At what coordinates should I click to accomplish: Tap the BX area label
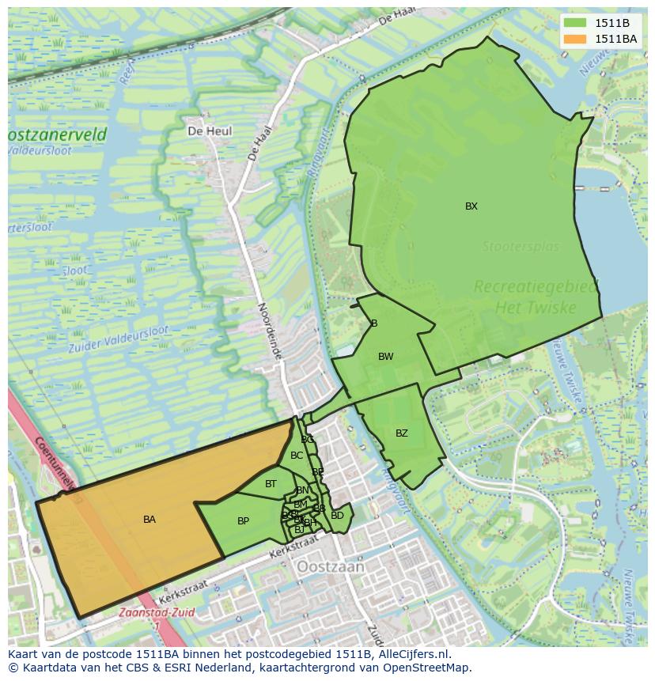pos(471,206)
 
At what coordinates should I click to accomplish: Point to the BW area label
pos(385,357)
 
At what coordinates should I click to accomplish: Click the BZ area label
pos(402,433)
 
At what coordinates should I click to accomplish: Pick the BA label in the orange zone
pos(150,520)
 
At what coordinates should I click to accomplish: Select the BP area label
pos(243,521)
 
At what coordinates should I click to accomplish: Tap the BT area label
pos(271,484)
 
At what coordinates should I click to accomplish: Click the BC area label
pos(297,456)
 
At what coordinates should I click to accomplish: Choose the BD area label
pos(338,516)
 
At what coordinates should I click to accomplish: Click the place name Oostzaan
pos(331,567)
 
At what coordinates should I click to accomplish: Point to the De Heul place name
pos(210,131)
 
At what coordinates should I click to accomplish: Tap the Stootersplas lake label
pos(521,247)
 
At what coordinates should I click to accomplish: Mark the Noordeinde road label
pos(270,331)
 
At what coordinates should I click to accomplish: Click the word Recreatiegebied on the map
pos(536,287)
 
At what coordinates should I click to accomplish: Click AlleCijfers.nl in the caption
pos(411,654)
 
